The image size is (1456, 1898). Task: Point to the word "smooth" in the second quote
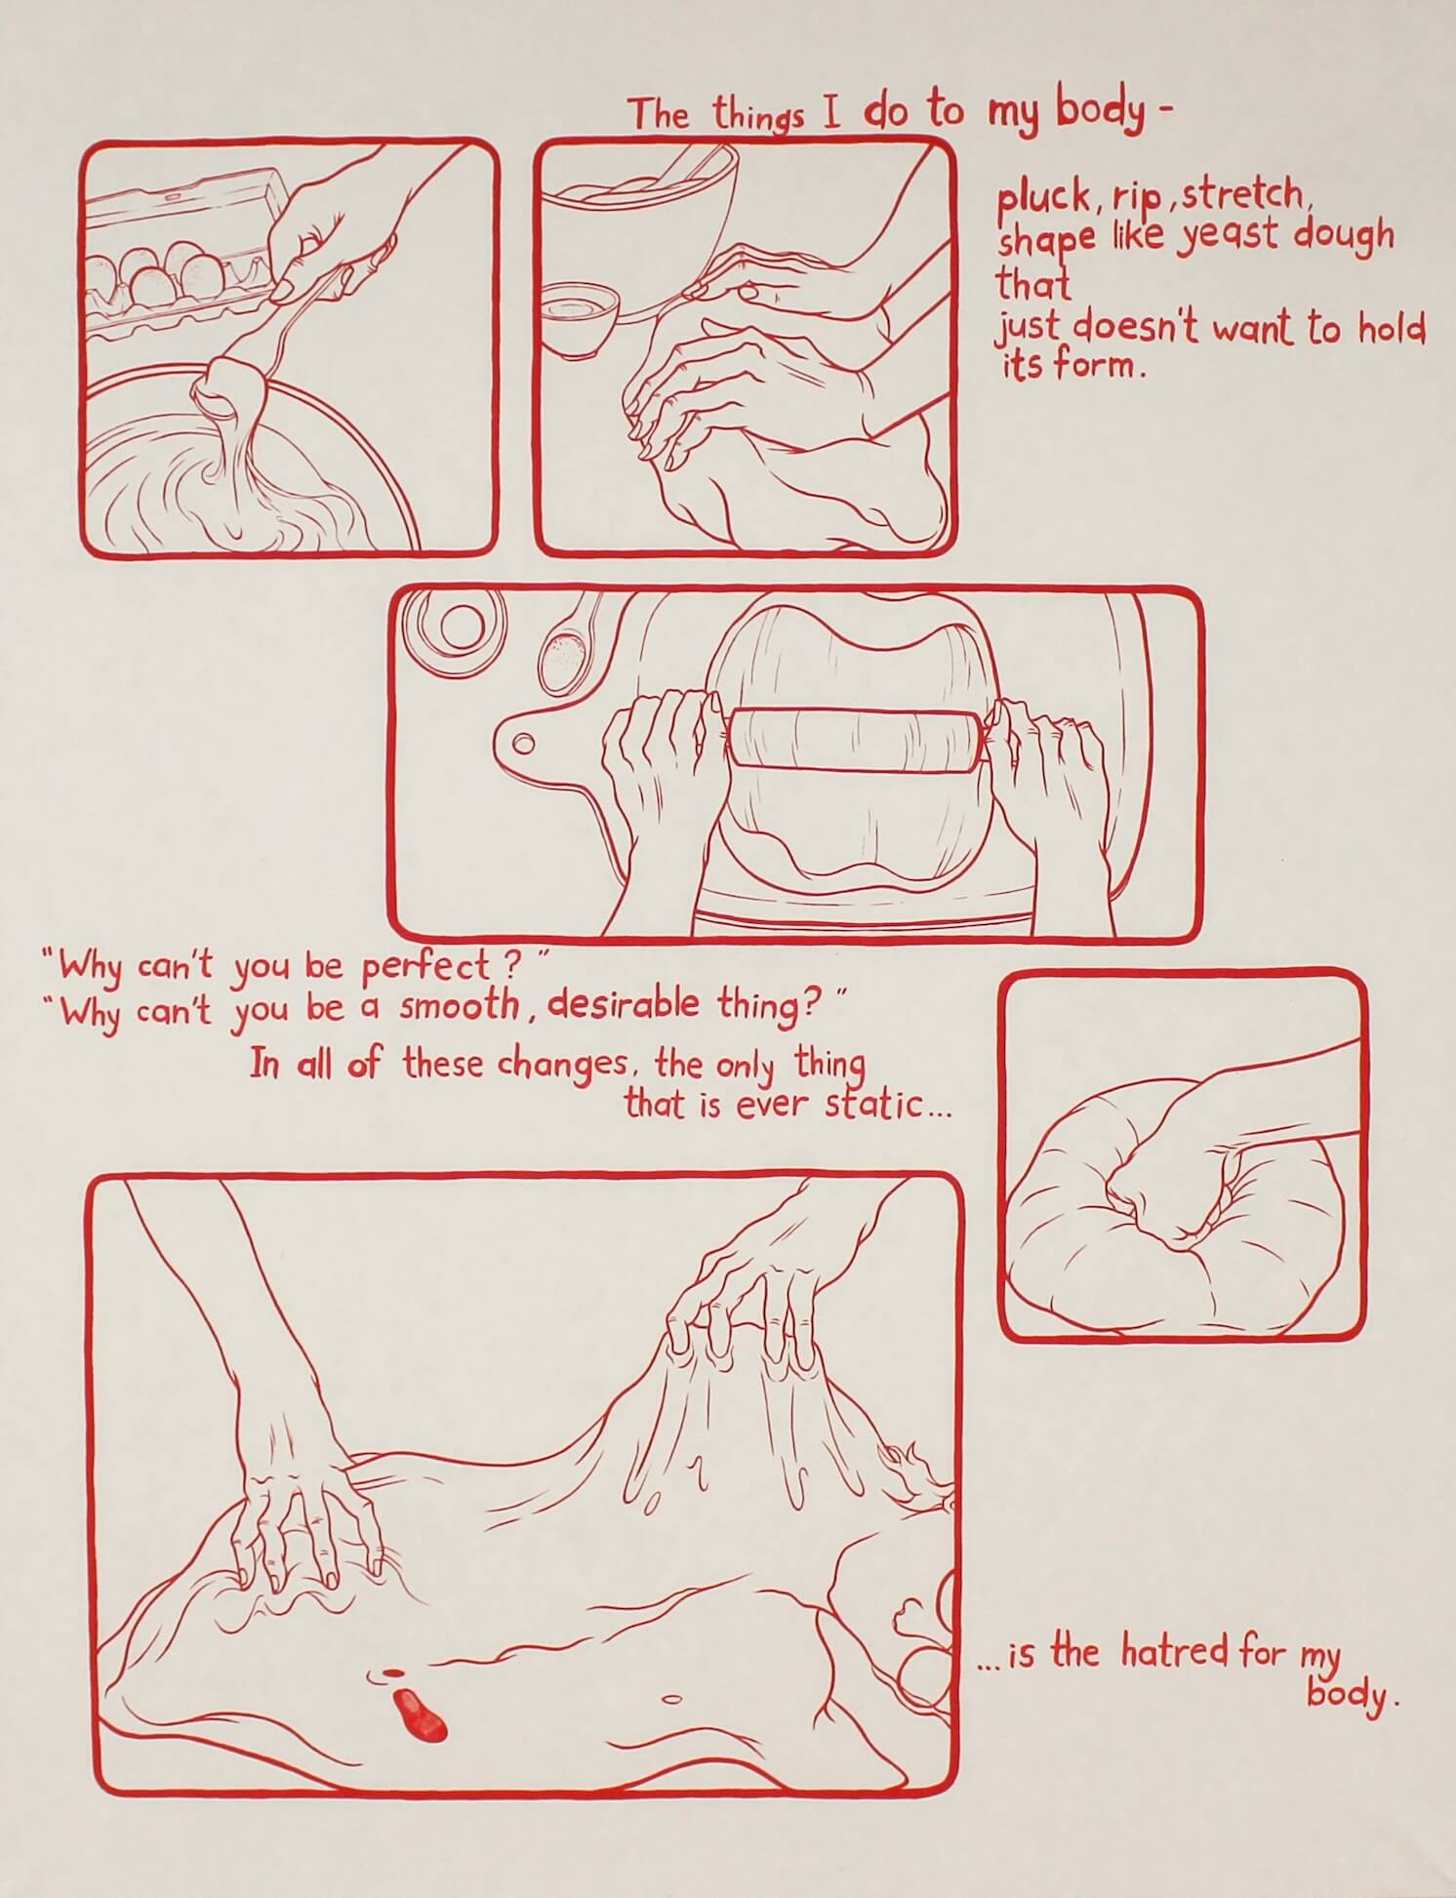pyautogui.click(x=459, y=1006)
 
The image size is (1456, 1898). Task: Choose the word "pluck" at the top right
pyautogui.click(x=1042, y=199)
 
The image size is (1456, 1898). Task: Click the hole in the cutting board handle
pyautogui.click(x=525, y=745)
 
